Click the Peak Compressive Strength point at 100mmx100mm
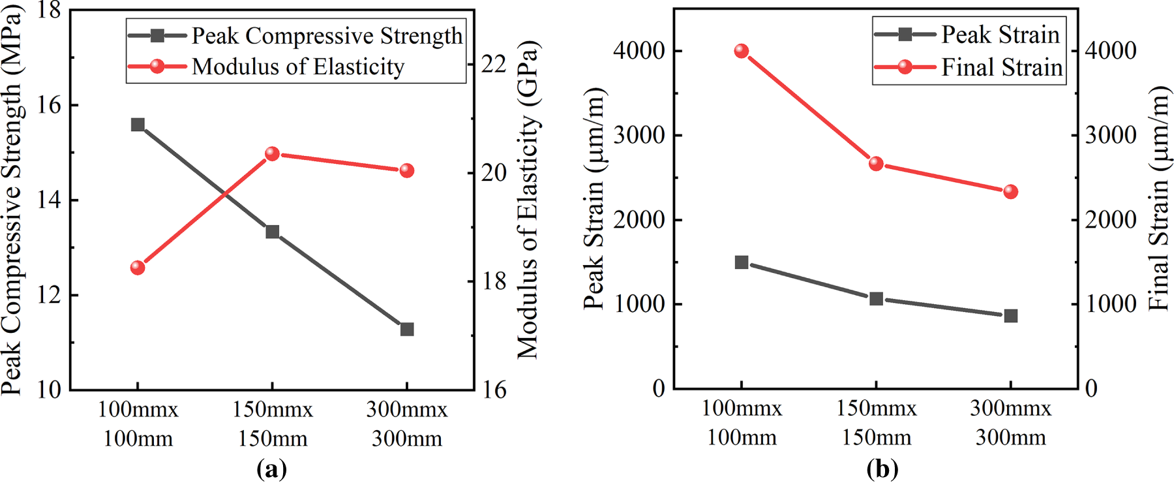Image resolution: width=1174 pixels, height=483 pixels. (x=138, y=125)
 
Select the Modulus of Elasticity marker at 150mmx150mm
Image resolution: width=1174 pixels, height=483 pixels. (x=273, y=154)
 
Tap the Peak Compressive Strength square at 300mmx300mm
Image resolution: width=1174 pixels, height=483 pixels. (x=407, y=330)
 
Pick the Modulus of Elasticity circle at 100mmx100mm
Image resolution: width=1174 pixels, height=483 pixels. (x=138, y=268)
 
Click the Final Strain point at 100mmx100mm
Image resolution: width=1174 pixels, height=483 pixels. (x=742, y=51)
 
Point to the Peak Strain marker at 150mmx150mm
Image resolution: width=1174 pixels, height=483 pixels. (x=877, y=299)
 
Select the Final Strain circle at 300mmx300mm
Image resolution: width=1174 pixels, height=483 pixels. (x=1011, y=192)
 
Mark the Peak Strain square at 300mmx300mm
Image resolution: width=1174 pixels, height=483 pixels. (x=1011, y=316)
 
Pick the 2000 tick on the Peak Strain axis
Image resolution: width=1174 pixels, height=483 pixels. (x=640, y=220)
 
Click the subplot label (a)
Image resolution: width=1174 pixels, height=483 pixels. (x=272, y=469)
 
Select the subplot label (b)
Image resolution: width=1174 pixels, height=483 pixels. (x=882, y=469)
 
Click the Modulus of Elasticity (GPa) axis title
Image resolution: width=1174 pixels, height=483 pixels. (x=529, y=199)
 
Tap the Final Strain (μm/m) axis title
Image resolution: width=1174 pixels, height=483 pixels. (x=1159, y=199)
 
